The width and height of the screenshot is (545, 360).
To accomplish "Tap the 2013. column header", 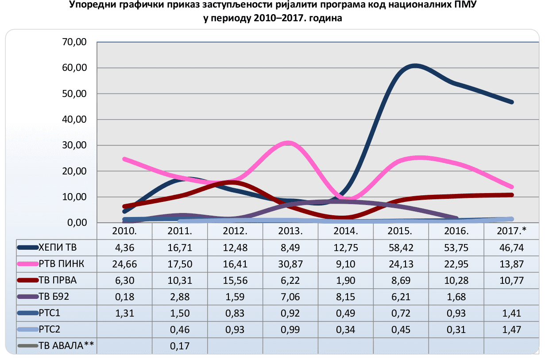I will pos(290,231).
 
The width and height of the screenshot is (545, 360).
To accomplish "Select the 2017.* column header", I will pos(512,231).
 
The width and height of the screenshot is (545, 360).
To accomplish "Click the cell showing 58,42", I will pos(401,248).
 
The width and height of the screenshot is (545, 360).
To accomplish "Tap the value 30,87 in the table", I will pos(290,264).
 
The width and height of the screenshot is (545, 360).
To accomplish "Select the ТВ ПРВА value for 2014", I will pos(345,281).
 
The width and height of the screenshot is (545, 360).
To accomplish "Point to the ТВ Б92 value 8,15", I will pos(345,297).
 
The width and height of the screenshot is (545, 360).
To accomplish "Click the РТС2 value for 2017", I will pos(512,329).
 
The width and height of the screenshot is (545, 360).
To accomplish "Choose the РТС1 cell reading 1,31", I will pos(124,313).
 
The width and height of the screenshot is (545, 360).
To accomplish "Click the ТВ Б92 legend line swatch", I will pos(27,297).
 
